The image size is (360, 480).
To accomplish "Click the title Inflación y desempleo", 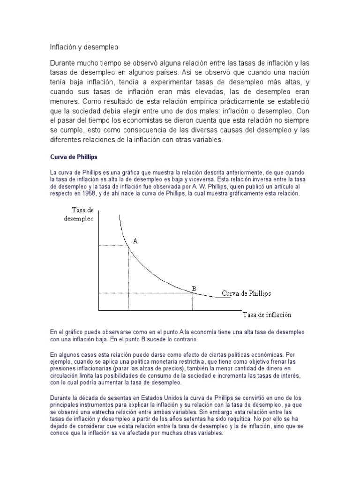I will point(84,47).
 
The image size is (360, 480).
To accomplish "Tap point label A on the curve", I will point(135,241).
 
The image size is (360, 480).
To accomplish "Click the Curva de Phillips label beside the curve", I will point(246,293).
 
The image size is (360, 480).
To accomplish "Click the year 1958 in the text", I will point(88,194).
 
